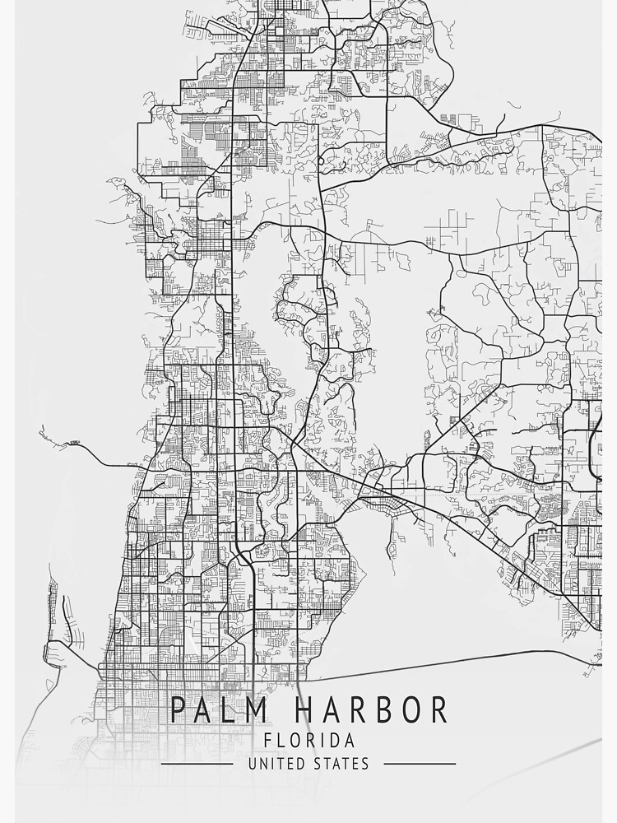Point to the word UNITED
[276, 764]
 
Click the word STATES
[341, 764]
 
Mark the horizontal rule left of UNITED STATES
[197, 764]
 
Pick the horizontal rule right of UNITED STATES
[420, 764]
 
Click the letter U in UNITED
[252, 764]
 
